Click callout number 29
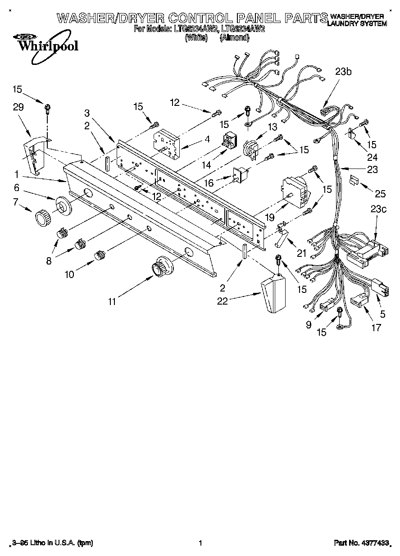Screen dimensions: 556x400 [x=18, y=107]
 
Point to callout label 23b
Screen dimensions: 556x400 [x=343, y=71]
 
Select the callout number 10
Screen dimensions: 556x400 [x=69, y=273]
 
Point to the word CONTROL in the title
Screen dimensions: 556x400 [x=200, y=18]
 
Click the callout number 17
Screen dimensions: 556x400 [x=376, y=327]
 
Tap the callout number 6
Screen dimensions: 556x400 [x=16, y=187]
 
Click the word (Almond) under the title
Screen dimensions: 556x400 [x=234, y=38]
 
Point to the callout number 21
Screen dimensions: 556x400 [x=301, y=254]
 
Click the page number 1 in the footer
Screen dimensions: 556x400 [x=200, y=543]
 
